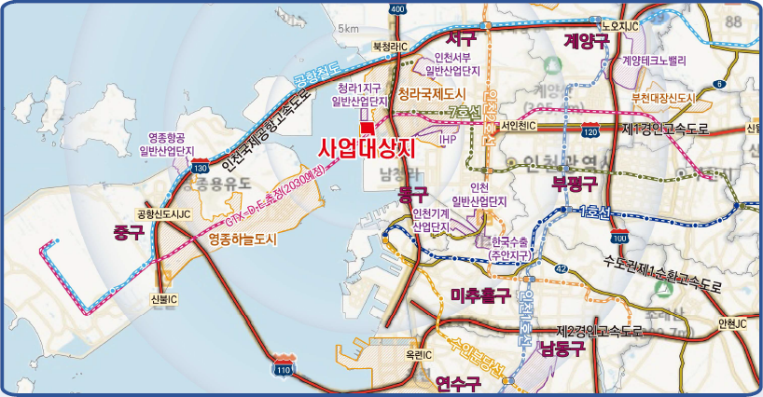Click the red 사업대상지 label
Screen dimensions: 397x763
coord(366,146)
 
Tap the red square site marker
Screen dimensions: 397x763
coord(368,127)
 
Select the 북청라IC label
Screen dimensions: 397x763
coord(391,45)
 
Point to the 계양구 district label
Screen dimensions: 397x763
coord(586,40)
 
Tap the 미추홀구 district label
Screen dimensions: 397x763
coord(479,295)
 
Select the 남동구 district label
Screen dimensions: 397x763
coord(561,349)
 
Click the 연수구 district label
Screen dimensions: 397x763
coord(457,383)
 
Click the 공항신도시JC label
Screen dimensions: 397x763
coord(163,213)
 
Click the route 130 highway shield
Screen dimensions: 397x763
coord(200,168)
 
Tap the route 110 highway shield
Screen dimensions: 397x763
coord(284,368)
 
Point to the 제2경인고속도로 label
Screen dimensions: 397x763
coord(600,331)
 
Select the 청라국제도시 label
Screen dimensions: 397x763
coord(431,94)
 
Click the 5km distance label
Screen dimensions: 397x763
coord(349,29)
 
